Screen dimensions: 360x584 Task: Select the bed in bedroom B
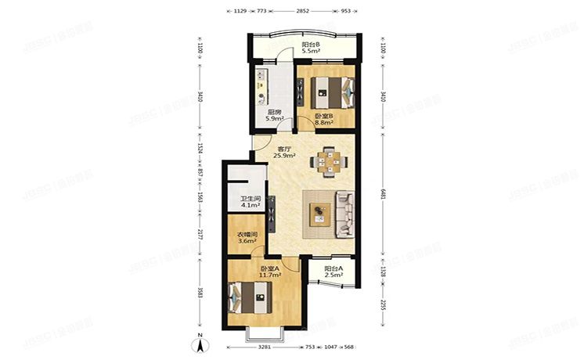[327, 93]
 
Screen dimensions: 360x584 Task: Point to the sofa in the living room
[344, 213]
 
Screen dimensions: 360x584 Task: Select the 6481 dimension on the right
[383, 199]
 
